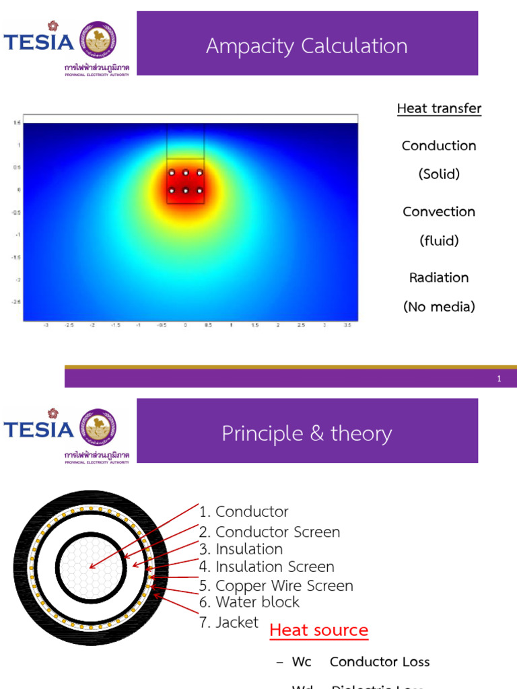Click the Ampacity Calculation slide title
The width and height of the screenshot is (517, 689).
307,46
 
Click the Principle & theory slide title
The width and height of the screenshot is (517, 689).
307,433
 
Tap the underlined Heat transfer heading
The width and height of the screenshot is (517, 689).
439,108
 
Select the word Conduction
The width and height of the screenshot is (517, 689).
439,145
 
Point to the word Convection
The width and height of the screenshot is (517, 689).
439,211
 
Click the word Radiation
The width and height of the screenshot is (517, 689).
439,277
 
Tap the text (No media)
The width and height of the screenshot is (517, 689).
439,307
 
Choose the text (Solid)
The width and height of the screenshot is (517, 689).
439,174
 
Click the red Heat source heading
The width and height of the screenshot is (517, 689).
319,630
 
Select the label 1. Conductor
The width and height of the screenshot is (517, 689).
244,512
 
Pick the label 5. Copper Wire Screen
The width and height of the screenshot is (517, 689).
276,586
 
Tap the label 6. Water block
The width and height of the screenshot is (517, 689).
249,602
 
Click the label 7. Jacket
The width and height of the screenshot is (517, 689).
229,622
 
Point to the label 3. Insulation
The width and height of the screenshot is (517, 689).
241,549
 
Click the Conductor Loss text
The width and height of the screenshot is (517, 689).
380,661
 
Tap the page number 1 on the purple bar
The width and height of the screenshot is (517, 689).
499,379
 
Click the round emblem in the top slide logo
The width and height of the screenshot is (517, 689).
98,39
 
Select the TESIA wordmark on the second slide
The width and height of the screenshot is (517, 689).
39,429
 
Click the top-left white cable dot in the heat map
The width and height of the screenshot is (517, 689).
172,173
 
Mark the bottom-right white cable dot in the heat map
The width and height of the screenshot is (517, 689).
200,191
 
